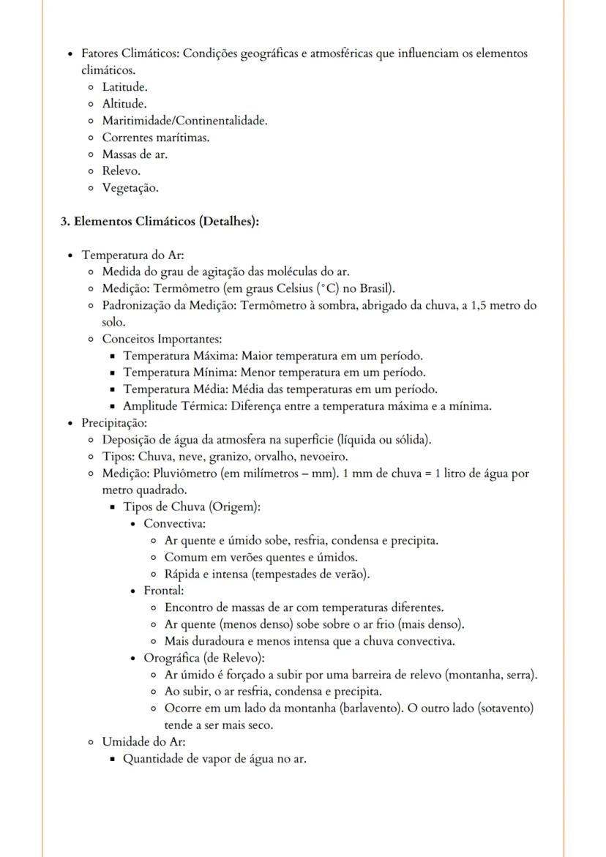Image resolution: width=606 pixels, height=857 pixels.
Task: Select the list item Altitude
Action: pos(124,104)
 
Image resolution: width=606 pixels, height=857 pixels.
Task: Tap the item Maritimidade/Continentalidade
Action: pos(184,121)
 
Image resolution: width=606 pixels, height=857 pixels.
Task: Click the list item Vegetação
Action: pos(130,188)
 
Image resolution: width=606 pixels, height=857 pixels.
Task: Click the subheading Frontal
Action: pos(163,591)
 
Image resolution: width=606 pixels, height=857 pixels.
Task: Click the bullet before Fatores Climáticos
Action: pos(69,54)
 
